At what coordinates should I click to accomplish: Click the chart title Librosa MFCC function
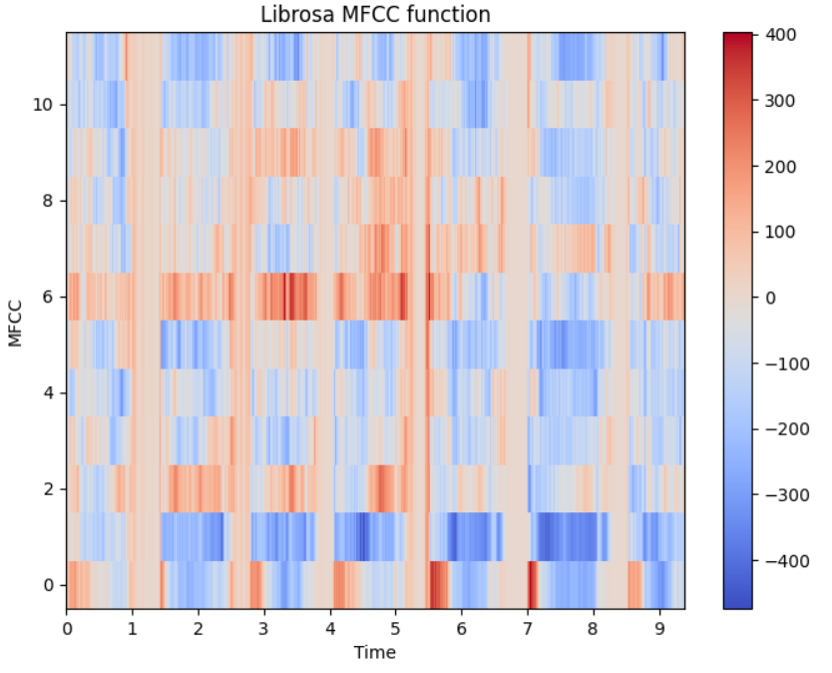[375, 14]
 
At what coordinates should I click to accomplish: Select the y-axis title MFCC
[15, 321]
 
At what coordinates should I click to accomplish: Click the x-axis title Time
[375, 652]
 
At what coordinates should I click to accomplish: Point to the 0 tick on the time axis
[67, 629]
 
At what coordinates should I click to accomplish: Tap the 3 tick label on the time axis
[264, 629]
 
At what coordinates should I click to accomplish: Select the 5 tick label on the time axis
[396, 629]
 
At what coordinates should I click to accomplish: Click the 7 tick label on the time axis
[528, 629]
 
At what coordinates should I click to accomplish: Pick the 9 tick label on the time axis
[659, 629]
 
